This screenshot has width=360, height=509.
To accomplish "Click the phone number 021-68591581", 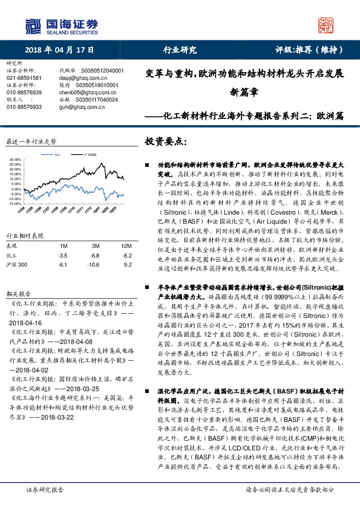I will click(x=24, y=78).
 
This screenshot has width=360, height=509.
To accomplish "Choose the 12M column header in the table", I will click(x=126, y=246).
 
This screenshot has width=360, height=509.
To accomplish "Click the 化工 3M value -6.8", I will click(x=95, y=256).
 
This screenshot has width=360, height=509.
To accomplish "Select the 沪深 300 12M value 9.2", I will click(x=127, y=265).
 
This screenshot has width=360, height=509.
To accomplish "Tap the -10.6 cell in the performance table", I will click(x=93, y=265).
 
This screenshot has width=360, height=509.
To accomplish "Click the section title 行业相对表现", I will click(x=25, y=235).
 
